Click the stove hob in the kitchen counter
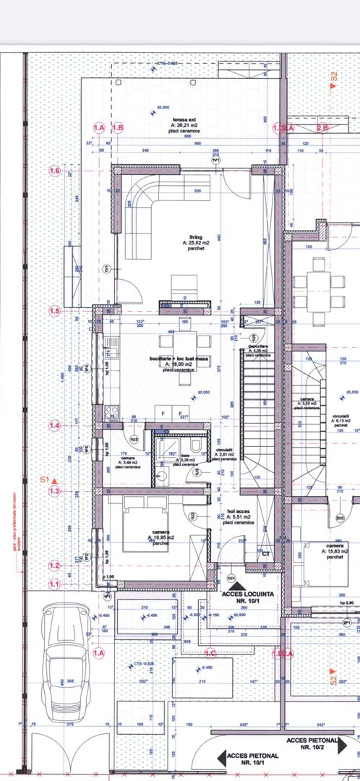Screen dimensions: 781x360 click(111, 414)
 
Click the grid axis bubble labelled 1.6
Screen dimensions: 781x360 click(54, 171)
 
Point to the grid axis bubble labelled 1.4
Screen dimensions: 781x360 click(54, 426)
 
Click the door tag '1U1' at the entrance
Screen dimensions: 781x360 click(231, 578)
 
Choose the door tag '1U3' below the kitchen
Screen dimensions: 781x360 click(134, 439)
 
